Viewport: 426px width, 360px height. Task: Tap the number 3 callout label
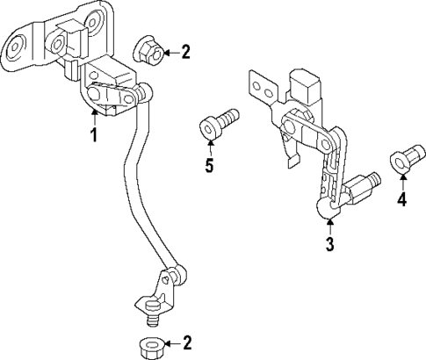(x=329, y=245)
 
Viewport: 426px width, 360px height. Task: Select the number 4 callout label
(x=401, y=200)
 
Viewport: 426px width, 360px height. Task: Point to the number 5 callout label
(x=209, y=166)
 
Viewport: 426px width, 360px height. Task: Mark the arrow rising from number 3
(x=329, y=225)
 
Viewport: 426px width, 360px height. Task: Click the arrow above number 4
(x=401, y=182)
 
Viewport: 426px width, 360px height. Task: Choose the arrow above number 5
(x=209, y=147)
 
